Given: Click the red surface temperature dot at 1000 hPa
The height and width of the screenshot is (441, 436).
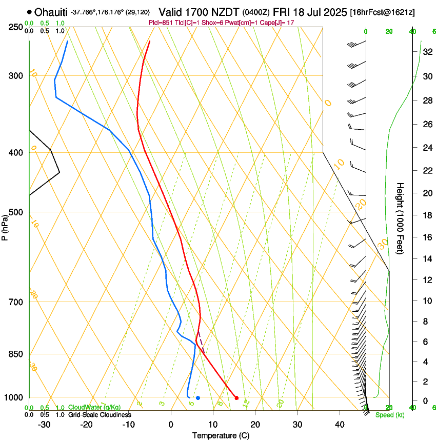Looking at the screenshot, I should click(236, 398).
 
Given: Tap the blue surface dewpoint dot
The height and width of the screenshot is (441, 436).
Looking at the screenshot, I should click(198, 398).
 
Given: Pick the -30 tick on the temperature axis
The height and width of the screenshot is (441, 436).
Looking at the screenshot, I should click(44, 425).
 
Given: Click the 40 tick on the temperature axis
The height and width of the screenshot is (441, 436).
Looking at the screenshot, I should click(339, 425).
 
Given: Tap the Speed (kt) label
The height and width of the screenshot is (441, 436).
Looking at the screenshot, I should click(389, 415).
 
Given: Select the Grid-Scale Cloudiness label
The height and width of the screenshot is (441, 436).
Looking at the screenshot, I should click(100, 415).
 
